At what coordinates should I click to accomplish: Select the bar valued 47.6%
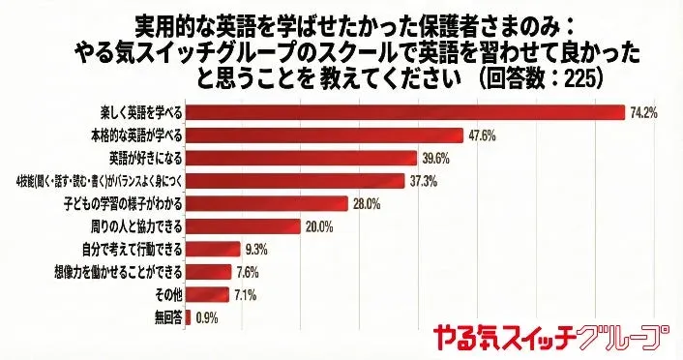322,135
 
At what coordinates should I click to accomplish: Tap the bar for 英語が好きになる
301,157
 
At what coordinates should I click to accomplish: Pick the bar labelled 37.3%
294,180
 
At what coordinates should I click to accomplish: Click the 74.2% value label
643,112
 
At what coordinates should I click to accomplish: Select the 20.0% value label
318,226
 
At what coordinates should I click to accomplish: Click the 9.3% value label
255,249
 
